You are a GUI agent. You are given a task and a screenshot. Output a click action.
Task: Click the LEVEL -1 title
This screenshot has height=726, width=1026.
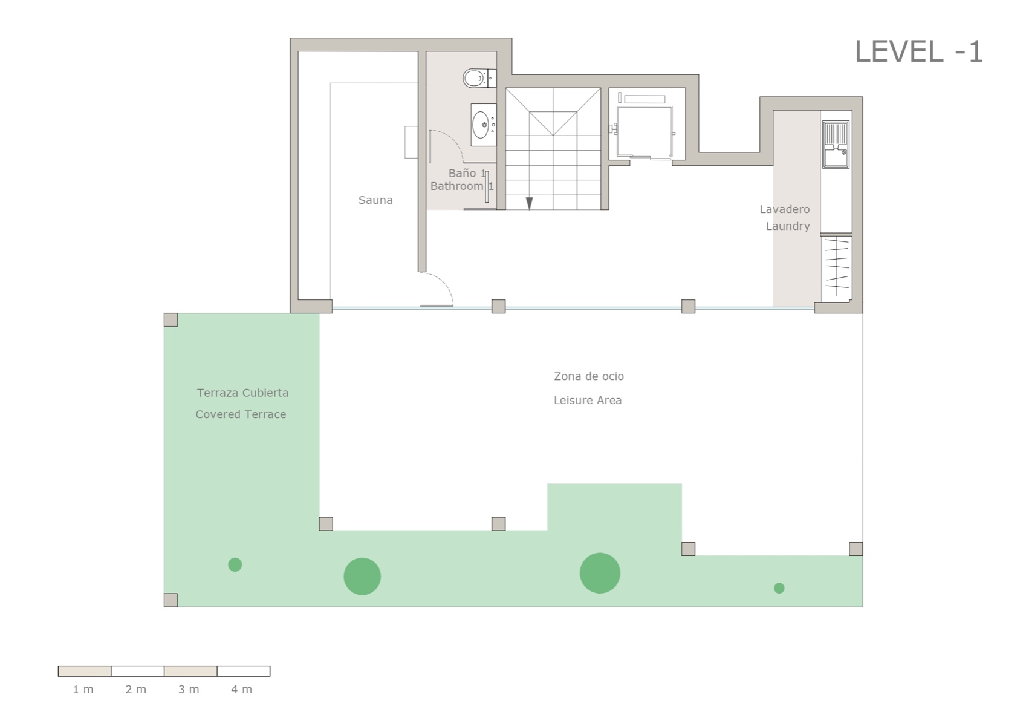tap(918, 51)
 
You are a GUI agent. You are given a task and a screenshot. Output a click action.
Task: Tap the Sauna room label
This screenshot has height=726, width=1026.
tap(375, 200)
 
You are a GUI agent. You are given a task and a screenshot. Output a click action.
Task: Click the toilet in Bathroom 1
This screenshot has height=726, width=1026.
tap(476, 79)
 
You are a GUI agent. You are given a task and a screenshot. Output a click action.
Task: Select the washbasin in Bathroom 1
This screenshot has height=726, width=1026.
tap(482, 125)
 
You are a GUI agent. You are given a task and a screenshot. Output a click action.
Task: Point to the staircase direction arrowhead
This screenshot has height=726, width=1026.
tap(529, 204)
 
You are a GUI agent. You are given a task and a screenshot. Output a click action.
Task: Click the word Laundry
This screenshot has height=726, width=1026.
tap(788, 226)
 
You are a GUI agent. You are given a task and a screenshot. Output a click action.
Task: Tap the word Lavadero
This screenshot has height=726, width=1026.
tap(785, 209)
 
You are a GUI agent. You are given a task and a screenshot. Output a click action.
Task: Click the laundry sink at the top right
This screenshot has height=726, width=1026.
tap(836, 144)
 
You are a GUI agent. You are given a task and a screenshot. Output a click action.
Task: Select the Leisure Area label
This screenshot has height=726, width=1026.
tap(588, 401)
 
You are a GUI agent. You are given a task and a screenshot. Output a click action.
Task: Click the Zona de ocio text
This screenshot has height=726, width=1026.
tap(589, 376)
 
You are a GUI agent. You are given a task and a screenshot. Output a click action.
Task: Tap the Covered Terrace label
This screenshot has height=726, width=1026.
tap(241, 414)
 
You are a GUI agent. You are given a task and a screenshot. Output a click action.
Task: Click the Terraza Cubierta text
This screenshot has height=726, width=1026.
tap(242, 393)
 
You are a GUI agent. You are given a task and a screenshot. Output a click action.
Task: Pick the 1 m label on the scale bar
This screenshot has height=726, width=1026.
tap(83, 690)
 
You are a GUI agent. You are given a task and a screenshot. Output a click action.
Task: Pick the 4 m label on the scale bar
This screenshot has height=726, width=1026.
tap(242, 690)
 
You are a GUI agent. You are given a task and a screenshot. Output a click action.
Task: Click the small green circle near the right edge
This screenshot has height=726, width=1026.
tap(779, 588)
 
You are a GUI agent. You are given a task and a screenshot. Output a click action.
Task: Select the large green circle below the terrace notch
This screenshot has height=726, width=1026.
tap(600, 573)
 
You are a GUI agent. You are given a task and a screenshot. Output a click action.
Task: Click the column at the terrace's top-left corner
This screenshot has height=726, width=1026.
tap(170, 320)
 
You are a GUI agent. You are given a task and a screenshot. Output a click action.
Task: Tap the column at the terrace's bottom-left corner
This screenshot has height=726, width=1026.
tap(170, 600)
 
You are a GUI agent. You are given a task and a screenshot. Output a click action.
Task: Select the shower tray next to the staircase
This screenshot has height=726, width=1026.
tap(644, 131)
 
